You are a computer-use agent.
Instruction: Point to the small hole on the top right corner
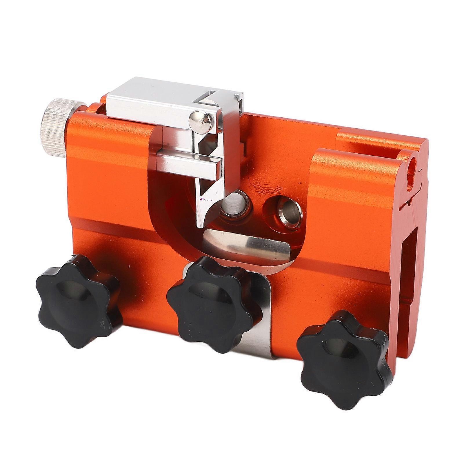[413, 163]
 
